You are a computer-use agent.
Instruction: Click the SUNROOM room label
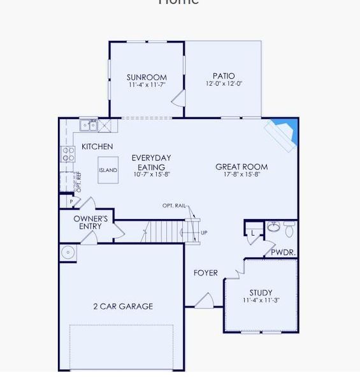click(x=147, y=78)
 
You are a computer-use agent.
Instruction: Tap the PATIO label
click(x=224, y=76)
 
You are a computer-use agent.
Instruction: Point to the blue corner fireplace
click(x=285, y=131)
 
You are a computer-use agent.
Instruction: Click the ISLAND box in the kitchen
click(x=108, y=171)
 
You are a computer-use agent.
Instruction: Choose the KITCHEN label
click(x=97, y=146)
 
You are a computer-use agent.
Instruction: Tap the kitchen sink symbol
click(x=89, y=125)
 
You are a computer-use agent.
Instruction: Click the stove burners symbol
click(x=68, y=153)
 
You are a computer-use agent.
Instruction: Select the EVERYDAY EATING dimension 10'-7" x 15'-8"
click(x=152, y=174)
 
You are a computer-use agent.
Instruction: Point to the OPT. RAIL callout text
click(x=175, y=206)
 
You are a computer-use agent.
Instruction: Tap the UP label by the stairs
click(x=204, y=233)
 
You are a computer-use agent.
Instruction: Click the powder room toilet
click(x=290, y=229)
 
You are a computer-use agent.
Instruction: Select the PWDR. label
click(x=283, y=252)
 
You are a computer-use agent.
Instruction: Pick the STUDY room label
click(x=261, y=293)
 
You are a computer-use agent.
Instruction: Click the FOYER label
click(x=206, y=272)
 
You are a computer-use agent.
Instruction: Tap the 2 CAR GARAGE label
click(x=123, y=306)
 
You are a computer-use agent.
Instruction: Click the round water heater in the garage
click(x=68, y=253)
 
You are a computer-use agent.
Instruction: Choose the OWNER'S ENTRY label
click(x=90, y=222)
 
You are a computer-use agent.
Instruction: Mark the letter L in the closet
click(x=253, y=234)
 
